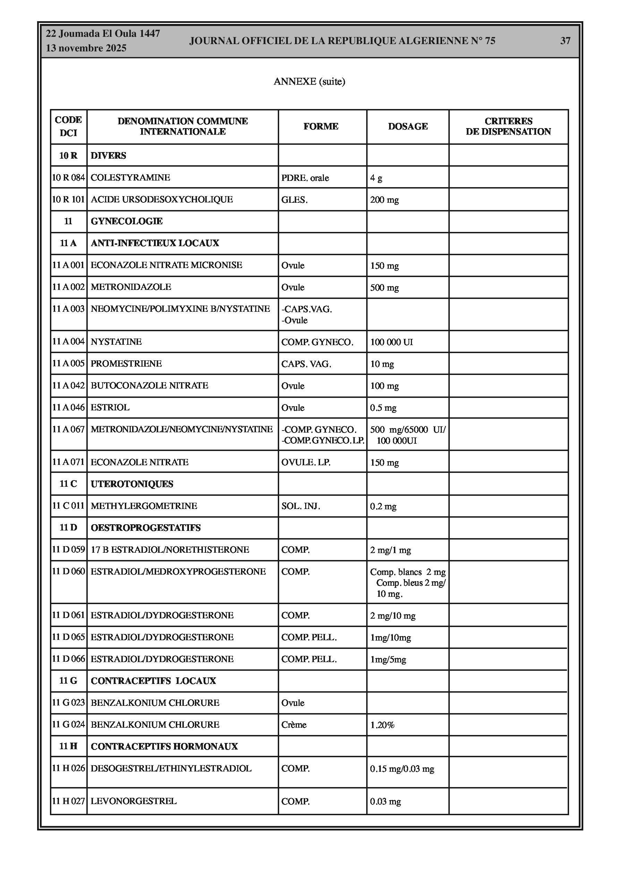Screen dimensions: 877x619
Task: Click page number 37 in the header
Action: tap(565, 41)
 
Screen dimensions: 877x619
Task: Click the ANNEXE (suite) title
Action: tap(309, 81)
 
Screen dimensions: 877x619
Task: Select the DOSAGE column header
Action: tap(407, 126)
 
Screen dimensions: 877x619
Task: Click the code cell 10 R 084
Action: tap(68, 178)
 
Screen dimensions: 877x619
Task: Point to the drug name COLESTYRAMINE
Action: tap(130, 178)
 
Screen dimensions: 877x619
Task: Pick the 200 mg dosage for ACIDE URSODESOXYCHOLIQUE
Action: tap(384, 200)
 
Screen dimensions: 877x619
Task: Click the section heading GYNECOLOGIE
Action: tap(126, 221)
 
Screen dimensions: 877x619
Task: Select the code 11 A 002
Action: tap(68, 287)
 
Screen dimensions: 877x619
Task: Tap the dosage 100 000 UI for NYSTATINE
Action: tap(392, 342)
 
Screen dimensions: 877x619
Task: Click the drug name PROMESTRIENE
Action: tap(126, 364)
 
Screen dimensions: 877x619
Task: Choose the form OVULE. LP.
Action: tap(306, 462)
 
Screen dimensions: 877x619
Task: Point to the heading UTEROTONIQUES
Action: tap(132, 484)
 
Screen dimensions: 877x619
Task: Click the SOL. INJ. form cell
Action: tap(300, 506)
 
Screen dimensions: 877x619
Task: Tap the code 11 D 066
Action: tap(68, 659)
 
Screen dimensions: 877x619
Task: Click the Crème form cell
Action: tap(293, 725)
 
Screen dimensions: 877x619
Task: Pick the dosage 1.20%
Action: tap(382, 725)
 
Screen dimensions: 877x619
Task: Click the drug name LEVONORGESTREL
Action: tap(133, 801)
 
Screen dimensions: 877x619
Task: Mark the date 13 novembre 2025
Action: tap(86, 49)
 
